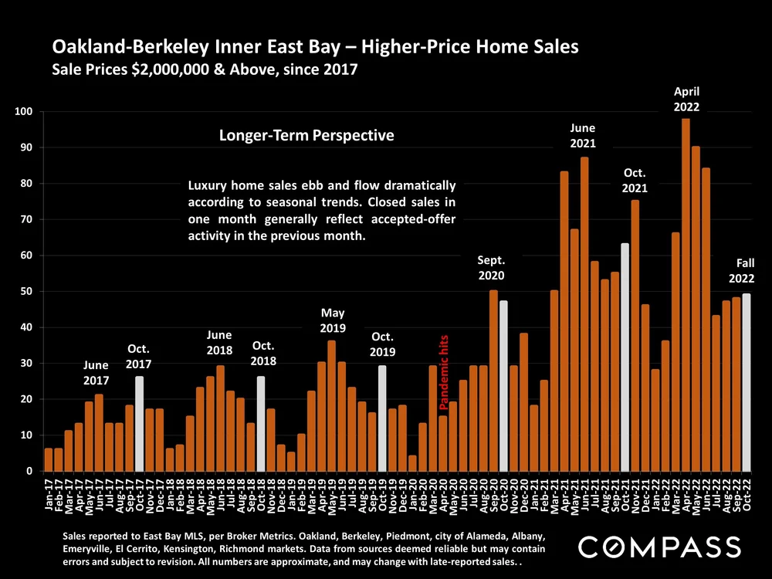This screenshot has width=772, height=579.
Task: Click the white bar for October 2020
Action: pos(504,386)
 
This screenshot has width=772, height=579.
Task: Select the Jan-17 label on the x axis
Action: pos(49,495)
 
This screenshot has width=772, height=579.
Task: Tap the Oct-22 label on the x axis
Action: pos(747,495)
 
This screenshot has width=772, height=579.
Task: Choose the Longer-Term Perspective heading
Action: pos(306,136)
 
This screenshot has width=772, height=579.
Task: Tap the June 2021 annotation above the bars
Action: pos(584,135)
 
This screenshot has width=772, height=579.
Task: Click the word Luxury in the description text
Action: pos(209,186)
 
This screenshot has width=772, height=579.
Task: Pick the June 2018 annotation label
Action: pos(220,342)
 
